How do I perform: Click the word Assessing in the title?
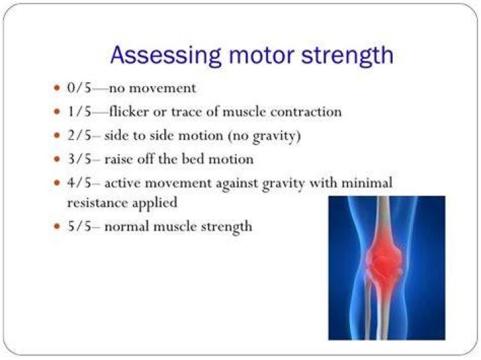click(166, 56)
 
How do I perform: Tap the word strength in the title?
click(347, 56)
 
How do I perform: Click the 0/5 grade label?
click(79, 88)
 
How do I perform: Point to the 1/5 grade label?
click(79, 112)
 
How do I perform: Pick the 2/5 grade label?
click(79, 135)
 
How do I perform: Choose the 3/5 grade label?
click(79, 159)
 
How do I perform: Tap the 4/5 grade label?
click(79, 183)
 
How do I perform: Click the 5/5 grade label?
click(79, 226)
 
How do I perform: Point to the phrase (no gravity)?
click(264, 136)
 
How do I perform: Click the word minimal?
click(367, 183)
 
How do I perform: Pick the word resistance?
click(98, 203)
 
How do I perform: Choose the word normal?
click(127, 227)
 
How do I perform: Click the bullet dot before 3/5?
click(56, 159)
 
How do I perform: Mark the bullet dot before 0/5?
click(56, 88)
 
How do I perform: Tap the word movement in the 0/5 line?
click(162, 89)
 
